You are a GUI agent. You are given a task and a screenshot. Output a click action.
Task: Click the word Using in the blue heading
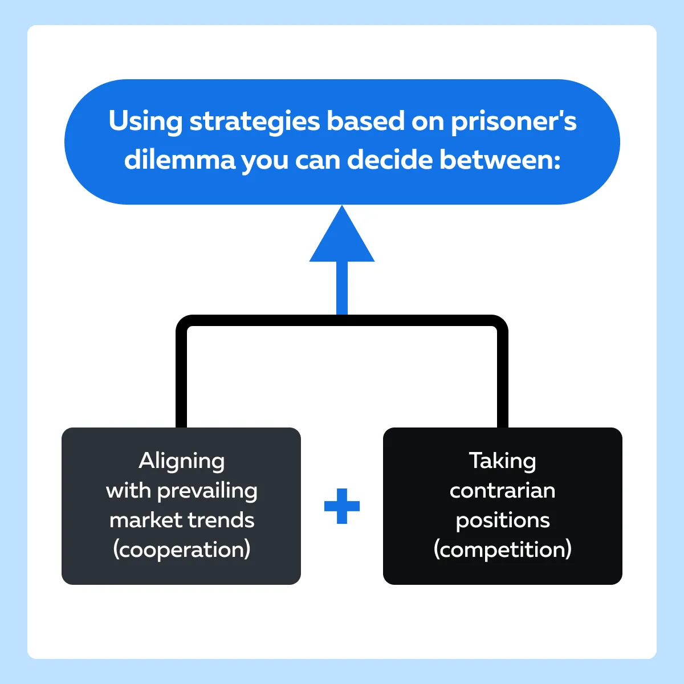[x=145, y=122]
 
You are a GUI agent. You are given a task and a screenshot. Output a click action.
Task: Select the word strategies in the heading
[x=255, y=122]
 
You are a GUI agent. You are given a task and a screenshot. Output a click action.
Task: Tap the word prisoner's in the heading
[x=514, y=122]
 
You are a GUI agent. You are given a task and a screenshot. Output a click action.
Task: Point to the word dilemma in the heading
[x=180, y=160]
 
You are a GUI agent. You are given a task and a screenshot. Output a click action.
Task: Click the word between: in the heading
[x=500, y=160]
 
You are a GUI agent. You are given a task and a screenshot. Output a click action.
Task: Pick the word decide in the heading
[x=390, y=160]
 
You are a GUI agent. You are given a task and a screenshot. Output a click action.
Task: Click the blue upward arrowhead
[x=342, y=234]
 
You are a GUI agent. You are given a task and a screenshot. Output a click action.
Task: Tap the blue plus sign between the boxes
[x=342, y=506]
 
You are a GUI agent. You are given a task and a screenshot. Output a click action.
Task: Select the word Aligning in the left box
[x=181, y=462]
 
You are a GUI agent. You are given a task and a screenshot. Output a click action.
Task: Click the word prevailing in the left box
[x=207, y=491]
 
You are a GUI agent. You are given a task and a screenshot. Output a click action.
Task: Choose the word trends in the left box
[x=221, y=520]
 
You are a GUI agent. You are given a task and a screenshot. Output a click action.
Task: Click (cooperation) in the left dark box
[x=182, y=550]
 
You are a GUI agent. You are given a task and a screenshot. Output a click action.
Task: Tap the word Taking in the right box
[x=502, y=462]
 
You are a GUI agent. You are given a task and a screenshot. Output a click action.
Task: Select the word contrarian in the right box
[x=502, y=491]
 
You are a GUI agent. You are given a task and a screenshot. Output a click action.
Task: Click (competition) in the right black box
[x=502, y=550]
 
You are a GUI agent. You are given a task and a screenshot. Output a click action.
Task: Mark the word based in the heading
[x=365, y=122]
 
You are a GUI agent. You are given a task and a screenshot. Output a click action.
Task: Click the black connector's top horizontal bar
[x=342, y=320]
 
